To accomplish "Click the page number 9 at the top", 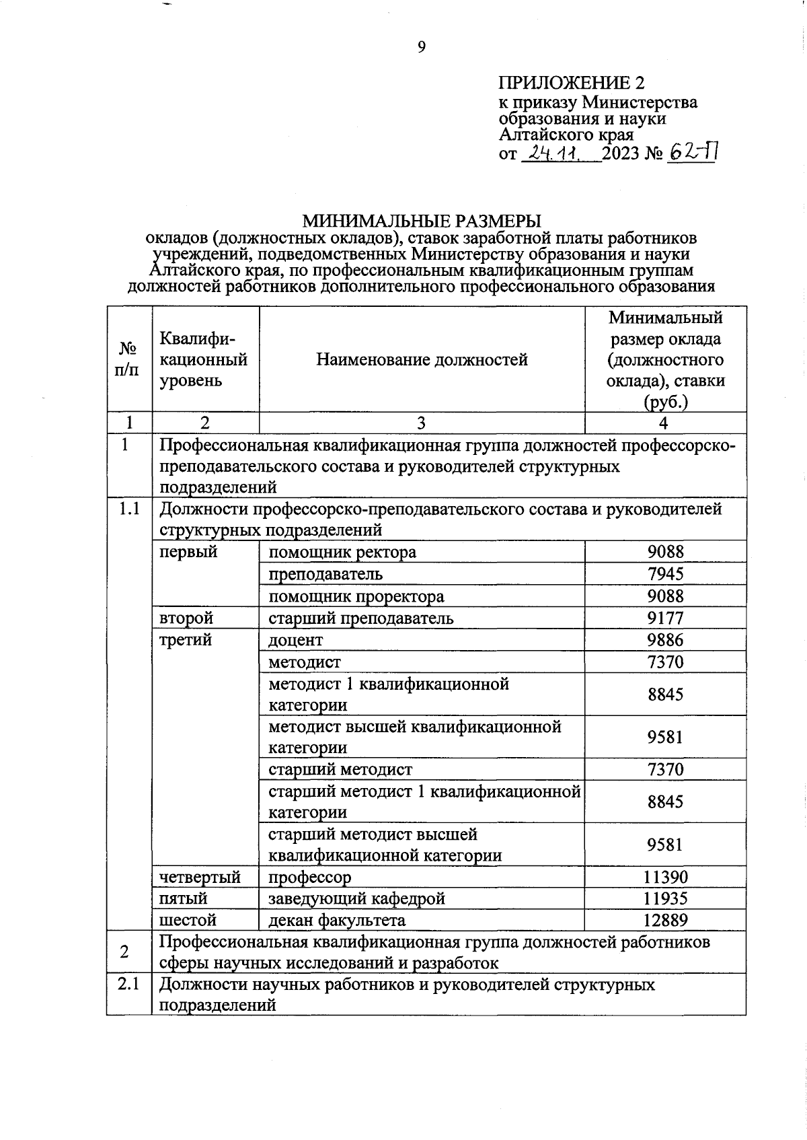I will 422,46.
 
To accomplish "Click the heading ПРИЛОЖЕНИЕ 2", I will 571,83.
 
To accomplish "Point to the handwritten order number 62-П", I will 693,153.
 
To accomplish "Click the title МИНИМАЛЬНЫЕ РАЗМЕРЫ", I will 422,221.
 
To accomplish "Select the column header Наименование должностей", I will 422,359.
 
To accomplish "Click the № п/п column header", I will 128,359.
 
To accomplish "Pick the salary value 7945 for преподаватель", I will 665,574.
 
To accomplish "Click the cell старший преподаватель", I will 361,618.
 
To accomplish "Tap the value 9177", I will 665,618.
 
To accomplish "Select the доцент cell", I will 296,639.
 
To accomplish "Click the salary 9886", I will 665,639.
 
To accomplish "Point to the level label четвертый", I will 200,877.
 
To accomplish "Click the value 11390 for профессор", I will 665,877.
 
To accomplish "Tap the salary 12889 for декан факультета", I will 665,920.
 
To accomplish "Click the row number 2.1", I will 128,984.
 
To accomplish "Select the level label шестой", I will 188,920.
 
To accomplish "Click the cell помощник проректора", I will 356,596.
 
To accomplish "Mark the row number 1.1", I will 128,509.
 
